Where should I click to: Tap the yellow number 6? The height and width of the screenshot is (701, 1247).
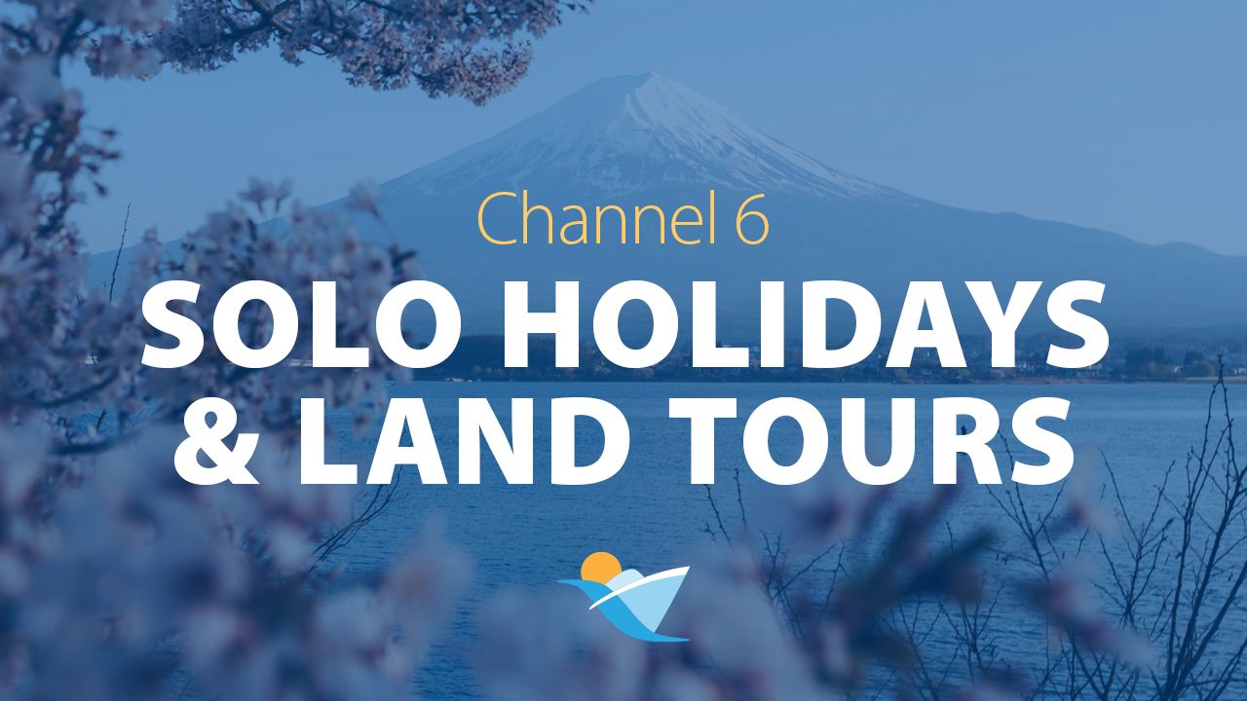click(752, 220)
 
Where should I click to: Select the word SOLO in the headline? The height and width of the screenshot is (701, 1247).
click(301, 325)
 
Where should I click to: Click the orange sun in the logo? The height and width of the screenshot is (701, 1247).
click(600, 569)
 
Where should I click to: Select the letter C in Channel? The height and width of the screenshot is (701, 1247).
click(497, 220)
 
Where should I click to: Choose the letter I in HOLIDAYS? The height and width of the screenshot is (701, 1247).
click(785, 325)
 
